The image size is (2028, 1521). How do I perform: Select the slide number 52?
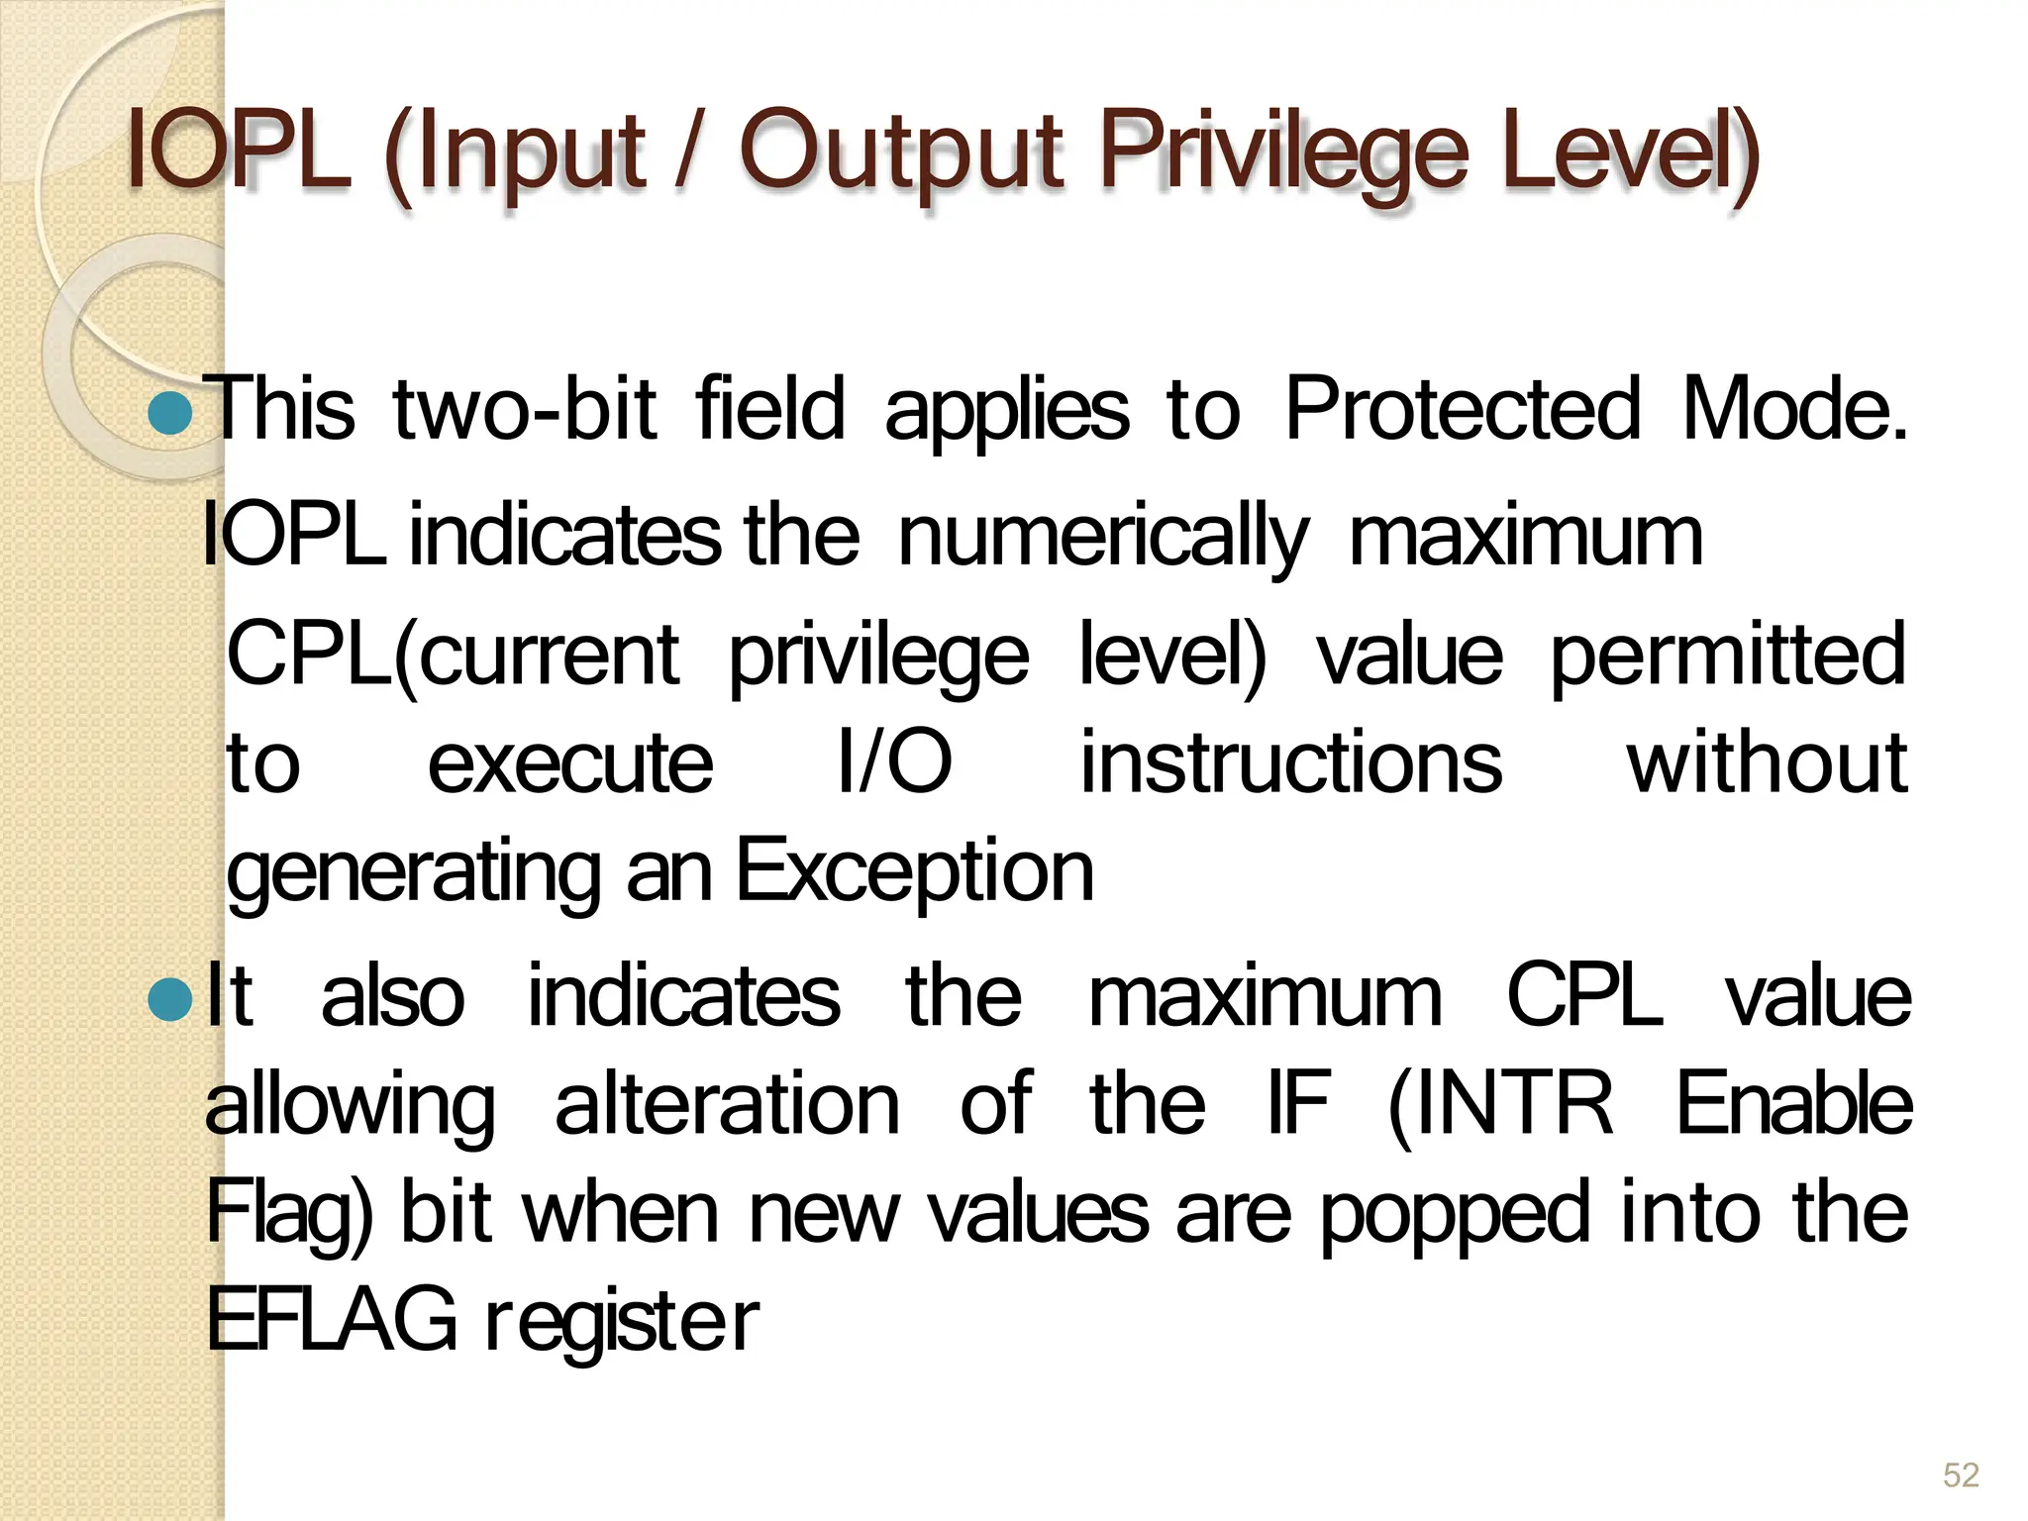point(1960,1474)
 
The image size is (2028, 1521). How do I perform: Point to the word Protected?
point(1462,410)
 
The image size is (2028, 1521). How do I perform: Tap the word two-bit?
point(524,410)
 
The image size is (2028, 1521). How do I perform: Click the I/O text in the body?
point(894,762)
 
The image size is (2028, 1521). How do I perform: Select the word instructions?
point(1290,762)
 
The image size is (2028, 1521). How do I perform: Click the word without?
point(1767,762)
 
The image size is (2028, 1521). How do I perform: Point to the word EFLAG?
point(332,1319)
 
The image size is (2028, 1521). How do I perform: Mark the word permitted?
point(1727,656)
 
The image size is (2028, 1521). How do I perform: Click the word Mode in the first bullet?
point(1793,410)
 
